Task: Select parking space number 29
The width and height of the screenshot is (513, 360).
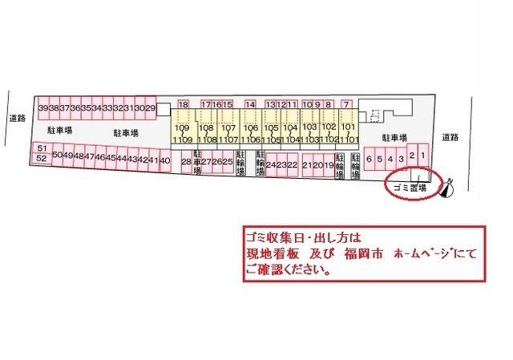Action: [x=150, y=108]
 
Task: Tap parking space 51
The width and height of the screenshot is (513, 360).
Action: [x=42, y=149]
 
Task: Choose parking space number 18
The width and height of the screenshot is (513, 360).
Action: [x=184, y=104]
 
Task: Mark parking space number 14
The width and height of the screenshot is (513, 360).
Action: [x=250, y=104]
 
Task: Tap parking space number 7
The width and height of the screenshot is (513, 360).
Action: [x=346, y=104]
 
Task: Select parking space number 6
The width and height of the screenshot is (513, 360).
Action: [x=369, y=159]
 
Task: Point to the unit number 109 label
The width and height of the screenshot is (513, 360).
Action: [x=182, y=128]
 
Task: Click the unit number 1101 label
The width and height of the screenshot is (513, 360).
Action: [x=348, y=139]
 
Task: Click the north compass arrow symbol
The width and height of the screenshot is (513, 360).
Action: [x=448, y=188]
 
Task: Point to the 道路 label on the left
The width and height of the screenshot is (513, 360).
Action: [x=18, y=118]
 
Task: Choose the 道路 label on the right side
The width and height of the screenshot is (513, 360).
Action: [x=449, y=137]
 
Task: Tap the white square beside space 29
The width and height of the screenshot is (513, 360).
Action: [x=163, y=108]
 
